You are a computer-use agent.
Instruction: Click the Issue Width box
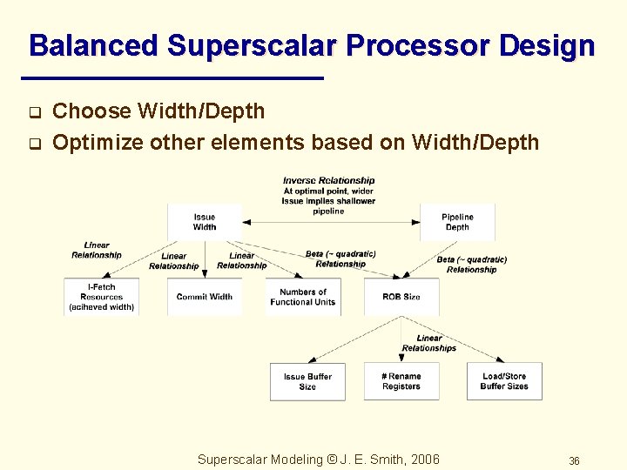click(x=205, y=222)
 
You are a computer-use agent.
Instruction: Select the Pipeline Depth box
click(x=457, y=222)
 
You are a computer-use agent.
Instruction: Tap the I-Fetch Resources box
click(x=102, y=297)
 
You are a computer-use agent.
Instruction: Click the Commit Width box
click(x=205, y=297)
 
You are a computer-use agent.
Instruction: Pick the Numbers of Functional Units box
click(x=303, y=297)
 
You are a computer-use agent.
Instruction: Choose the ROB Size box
click(x=401, y=297)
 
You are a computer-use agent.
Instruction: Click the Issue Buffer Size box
click(x=307, y=381)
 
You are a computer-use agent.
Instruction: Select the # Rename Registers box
click(x=401, y=381)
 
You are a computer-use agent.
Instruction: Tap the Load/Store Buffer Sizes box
click(x=504, y=381)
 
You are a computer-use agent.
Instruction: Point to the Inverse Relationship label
click(x=328, y=181)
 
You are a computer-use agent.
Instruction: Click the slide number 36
click(x=574, y=460)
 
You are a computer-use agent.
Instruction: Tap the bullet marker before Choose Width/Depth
click(x=35, y=112)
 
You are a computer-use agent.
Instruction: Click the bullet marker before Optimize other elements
click(x=35, y=144)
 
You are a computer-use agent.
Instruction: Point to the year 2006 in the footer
click(x=423, y=460)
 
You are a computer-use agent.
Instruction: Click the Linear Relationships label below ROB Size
click(x=429, y=343)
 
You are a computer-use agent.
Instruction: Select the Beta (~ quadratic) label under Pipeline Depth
click(x=471, y=265)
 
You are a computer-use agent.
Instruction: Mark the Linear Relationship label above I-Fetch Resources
click(x=97, y=250)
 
